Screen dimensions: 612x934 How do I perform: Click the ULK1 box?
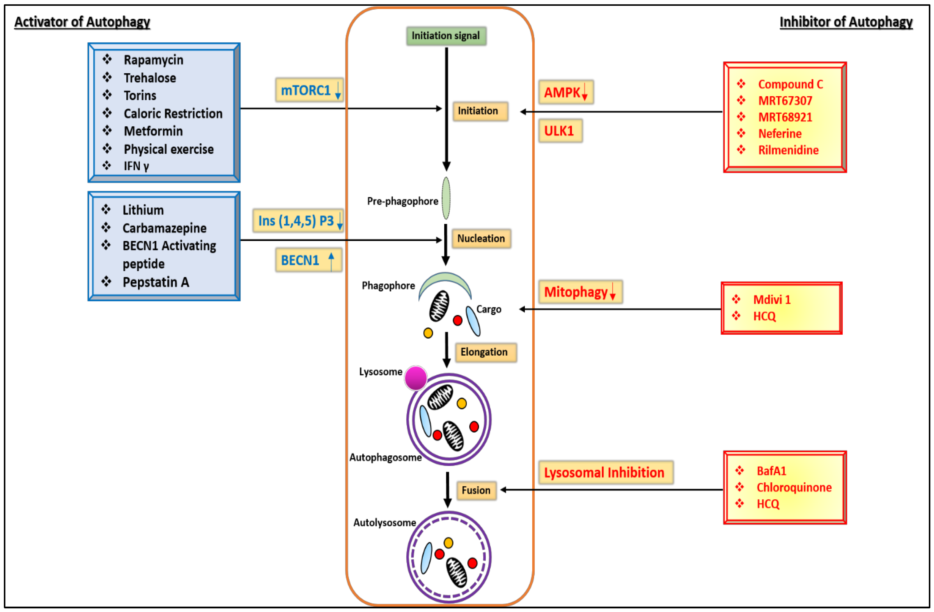tap(560, 131)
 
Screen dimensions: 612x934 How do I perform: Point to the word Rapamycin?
tap(153, 60)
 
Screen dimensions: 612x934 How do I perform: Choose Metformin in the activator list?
tap(153, 131)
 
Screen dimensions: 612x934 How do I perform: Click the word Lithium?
tap(143, 210)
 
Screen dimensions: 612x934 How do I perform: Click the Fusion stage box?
tap(476, 490)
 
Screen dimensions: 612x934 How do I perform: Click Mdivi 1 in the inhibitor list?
tap(772, 300)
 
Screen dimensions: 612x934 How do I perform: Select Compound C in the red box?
tap(790, 84)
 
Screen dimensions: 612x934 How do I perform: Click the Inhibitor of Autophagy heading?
tap(846, 22)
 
